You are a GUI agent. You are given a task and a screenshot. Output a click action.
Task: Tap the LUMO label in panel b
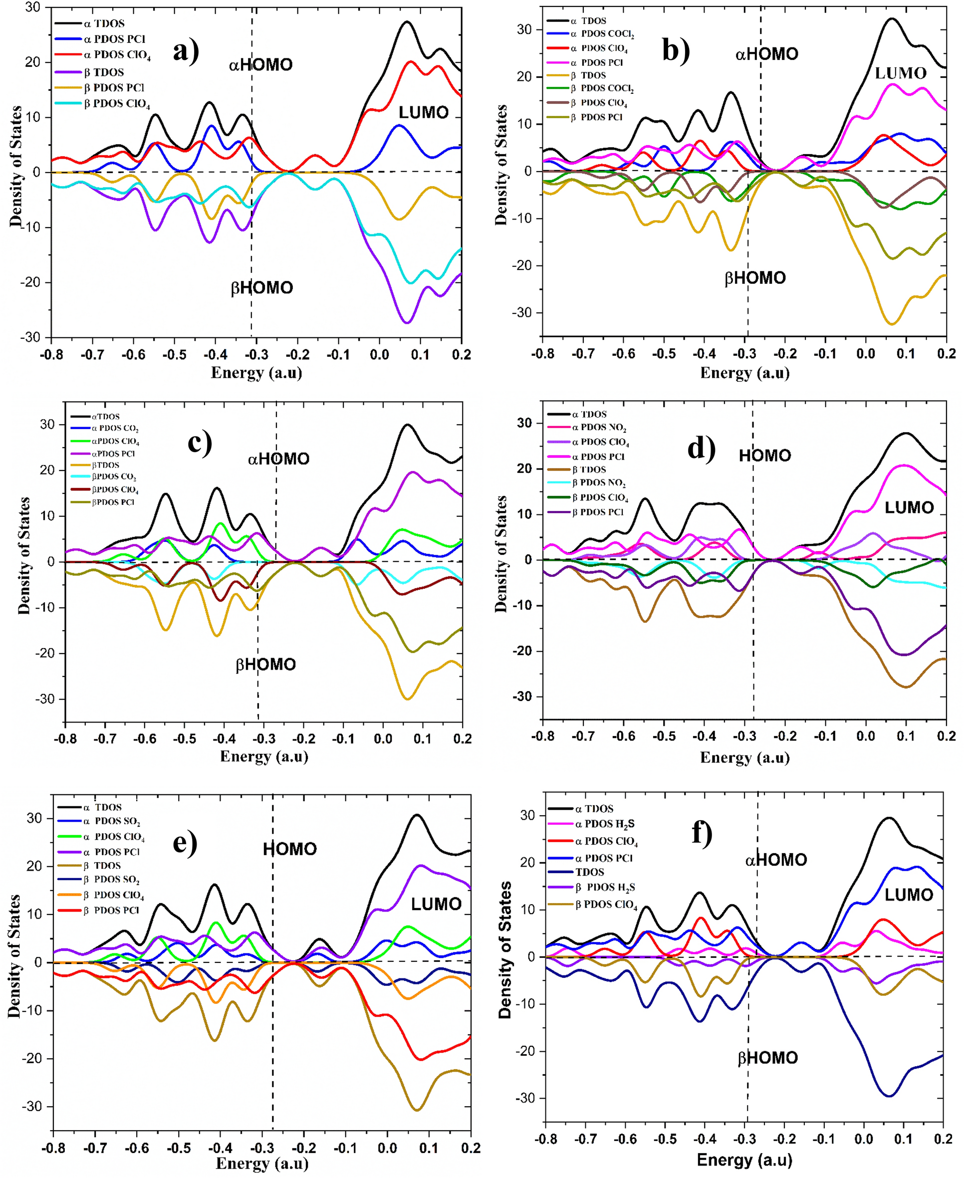click(x=901, y=73)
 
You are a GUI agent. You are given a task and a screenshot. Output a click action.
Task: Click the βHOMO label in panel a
click(x=261, y=288)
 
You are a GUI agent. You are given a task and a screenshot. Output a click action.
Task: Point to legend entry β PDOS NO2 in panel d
click(x=599, y=483)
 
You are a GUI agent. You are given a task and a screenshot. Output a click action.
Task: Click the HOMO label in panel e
click(x=289, y=849)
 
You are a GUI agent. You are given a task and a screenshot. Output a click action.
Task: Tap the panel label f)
click(x=702, y=834)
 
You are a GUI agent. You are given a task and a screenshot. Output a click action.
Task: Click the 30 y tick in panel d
click(x=524, y=423)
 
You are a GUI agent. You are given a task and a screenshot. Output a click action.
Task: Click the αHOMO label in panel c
click(x=278, y=459)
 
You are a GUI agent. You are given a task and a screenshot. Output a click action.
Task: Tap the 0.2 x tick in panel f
click(x=943, y=1139)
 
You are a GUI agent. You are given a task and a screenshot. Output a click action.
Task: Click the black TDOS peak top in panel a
click(x=407, y=21)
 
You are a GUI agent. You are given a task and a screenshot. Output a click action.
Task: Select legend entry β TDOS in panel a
click(x=104, y=72)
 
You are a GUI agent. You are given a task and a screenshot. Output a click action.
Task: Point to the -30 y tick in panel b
click(x=523, y=312)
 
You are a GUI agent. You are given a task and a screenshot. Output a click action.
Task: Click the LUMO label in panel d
click(x=909, y=507)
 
